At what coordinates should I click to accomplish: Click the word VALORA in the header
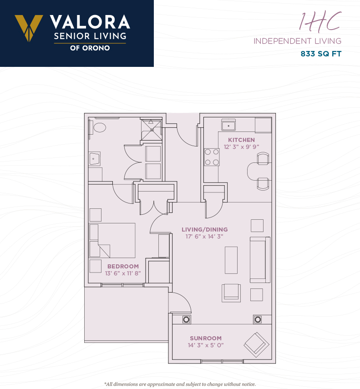click(x=90, y=22)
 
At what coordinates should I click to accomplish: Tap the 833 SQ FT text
click(x=321, y=54)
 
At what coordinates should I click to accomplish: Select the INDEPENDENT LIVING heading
click(x=297, y=41)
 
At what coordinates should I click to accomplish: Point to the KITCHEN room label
click(x=241, y=140)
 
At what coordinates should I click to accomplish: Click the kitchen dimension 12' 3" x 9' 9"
click(x=241, y=147)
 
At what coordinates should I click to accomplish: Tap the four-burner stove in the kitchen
click(x=212, y=157)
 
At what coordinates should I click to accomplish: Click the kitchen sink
click(x=228, y=125)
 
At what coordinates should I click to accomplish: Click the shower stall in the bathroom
click(x=152, y=130)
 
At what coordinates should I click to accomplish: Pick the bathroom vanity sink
click(x=95, y=158)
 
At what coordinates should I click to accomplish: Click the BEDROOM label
click(x=123, y=267)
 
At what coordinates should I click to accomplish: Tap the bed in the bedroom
click(x=112, y=240)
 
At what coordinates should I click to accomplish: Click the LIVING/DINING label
click(x=205, y=230)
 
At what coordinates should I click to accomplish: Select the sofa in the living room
click(x=260, y=260)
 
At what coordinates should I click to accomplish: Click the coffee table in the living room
click(x=231, y=260)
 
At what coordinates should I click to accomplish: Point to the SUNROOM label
click(x=206, y=338)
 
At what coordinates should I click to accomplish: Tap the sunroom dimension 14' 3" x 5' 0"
click(x=206, y=345)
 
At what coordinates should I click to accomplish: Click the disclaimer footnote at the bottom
click(x=180, y=384)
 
